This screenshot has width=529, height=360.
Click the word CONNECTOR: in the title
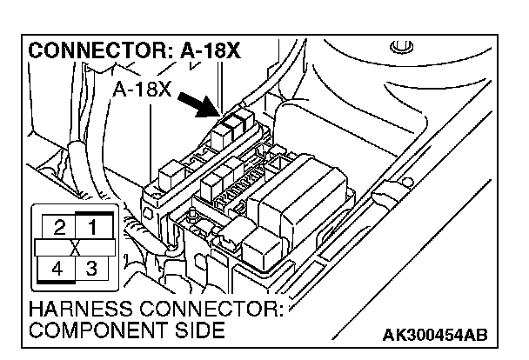pyautogui.click(x=92, y=51)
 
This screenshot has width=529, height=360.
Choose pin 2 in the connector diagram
pyautogui.click(x=58, y=230)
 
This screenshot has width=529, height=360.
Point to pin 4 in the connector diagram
pyautogui.click(x=57, y=268)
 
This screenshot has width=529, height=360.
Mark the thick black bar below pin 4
pyautogui.click(x=57, y=284)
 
